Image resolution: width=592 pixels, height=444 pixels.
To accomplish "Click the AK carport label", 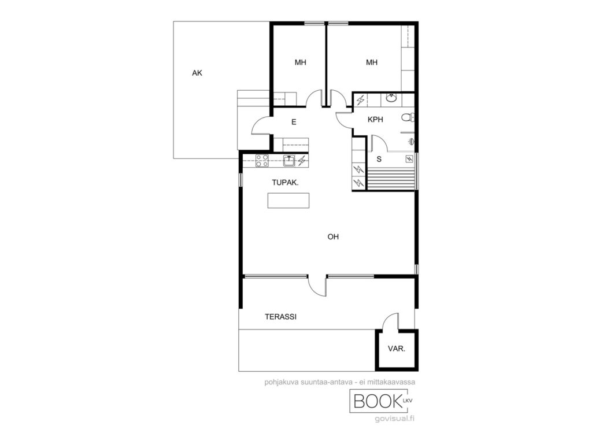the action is click(x=197, y=73).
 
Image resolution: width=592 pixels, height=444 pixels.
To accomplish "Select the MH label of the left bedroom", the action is click(x=300, y=62).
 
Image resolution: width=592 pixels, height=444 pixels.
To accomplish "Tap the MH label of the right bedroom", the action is click(x=372, y=62).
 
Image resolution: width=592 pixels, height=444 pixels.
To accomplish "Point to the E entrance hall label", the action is click(x=294, y=122).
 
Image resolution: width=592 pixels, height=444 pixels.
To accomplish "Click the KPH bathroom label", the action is click(x=375, y=120).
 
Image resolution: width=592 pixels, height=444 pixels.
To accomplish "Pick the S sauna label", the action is click(x=379, y=160).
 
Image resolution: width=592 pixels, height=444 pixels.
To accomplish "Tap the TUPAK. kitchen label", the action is click(x=285, y=182).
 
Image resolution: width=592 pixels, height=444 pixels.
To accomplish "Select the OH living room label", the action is click(x=333, y=236).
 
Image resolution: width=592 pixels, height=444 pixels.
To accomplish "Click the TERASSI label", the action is click(x=280, y=317).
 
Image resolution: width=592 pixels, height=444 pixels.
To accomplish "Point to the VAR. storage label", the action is click(x=397, y=349).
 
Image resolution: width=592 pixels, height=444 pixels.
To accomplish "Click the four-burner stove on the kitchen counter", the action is click(x=262, y=161).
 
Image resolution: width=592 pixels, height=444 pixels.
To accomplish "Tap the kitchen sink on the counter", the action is click(x=289, y=161).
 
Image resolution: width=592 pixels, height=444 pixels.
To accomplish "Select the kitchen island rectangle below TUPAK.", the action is click(x=288, y=201).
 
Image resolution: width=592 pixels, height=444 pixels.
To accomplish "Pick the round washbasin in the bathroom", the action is click(x=391, y=98).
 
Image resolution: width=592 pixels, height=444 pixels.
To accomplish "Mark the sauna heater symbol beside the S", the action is click(x=409, y=159).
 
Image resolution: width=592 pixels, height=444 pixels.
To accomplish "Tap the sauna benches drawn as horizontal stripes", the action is click(x=391, y=179).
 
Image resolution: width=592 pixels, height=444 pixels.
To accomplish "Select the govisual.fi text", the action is click(x=394, y=419).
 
